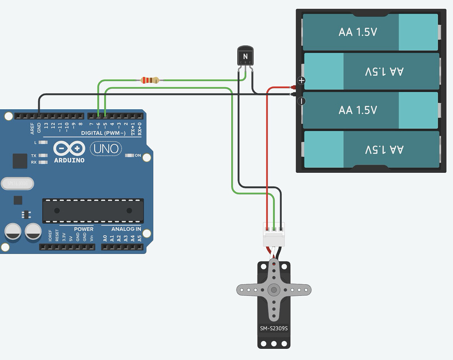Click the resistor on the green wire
point(150,80)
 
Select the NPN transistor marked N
point(245,56)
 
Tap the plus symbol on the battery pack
point(301,80)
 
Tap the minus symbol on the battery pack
point(301,101)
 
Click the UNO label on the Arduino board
point(106,149)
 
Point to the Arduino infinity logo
point(69,148)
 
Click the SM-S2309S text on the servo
point(274,328)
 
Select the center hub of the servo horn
point(274,290)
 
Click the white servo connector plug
point(274,234)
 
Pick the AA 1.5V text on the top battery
point(357,32)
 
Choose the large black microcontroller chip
point(93,211)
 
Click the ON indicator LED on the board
point(129,155)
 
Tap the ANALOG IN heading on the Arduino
point(126,229)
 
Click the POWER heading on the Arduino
point(83,229)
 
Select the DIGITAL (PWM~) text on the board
point(103,133)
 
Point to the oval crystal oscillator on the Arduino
point(17,184)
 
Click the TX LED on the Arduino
point(43,155)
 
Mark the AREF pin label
point(32,128)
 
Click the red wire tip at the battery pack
point(293,87)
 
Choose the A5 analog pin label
point(140,238)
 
